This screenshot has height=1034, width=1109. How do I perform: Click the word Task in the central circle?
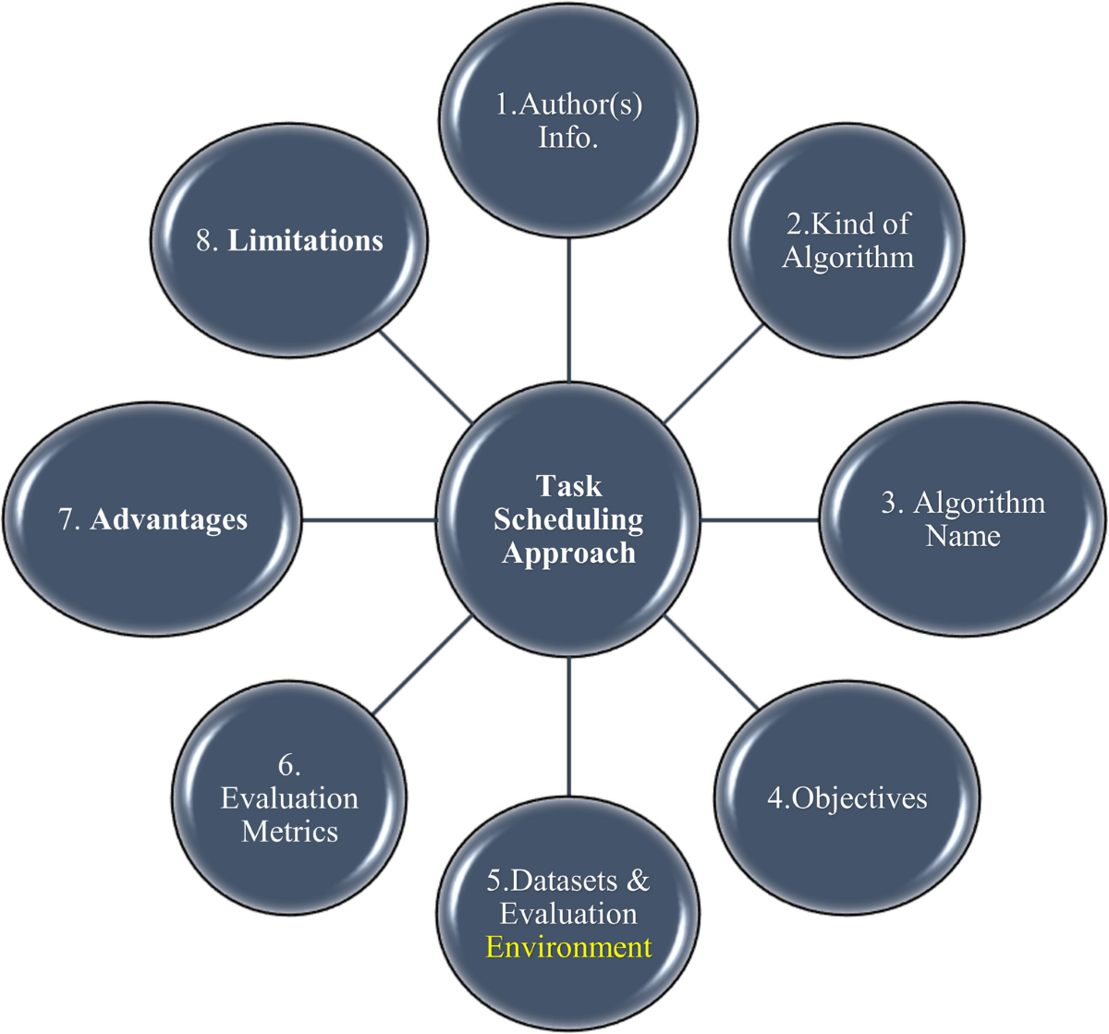pos(568,486)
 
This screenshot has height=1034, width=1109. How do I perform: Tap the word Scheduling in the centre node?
pos(568,519)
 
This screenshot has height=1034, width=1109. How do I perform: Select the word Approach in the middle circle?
pos(568,553)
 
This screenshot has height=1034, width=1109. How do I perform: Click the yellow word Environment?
pos(568,947)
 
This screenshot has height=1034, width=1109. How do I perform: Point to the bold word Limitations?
pos(305,240)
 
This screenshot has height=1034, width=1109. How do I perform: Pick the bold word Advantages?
pos(169,519)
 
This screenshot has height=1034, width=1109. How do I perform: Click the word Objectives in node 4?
pos(859,797)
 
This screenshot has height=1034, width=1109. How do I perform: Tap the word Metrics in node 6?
pos(289,831)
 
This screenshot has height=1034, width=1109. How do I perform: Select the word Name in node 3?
pos(963,536)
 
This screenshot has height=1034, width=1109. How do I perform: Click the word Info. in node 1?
pos(568,138)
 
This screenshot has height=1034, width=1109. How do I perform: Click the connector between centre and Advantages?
pos(369,520)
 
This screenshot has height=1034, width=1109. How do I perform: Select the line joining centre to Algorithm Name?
pos(760,520)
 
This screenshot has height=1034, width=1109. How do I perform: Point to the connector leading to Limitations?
pos(425,377)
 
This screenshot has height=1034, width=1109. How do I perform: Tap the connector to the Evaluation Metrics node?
pos(424,664)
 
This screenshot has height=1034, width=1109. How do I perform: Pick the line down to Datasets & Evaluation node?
pos(568,726)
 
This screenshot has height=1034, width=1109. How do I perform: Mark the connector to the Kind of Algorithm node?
pos(713,375)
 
